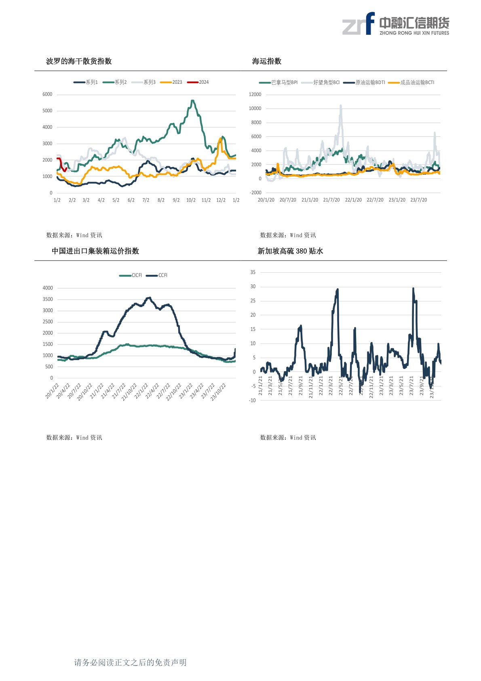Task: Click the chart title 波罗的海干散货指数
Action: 79,61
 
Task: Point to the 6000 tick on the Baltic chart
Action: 47,94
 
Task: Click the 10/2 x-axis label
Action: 191,200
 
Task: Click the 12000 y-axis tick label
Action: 255,94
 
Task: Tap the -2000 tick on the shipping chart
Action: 256,193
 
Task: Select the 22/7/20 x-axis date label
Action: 375,200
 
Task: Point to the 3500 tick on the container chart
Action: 48,299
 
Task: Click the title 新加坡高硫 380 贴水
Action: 290,251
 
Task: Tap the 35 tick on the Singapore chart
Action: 253,272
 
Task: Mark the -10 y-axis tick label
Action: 252,401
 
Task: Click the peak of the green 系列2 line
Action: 192,100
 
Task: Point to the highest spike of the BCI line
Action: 341,106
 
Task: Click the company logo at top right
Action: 396,24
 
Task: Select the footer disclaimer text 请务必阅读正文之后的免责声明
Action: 130,662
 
